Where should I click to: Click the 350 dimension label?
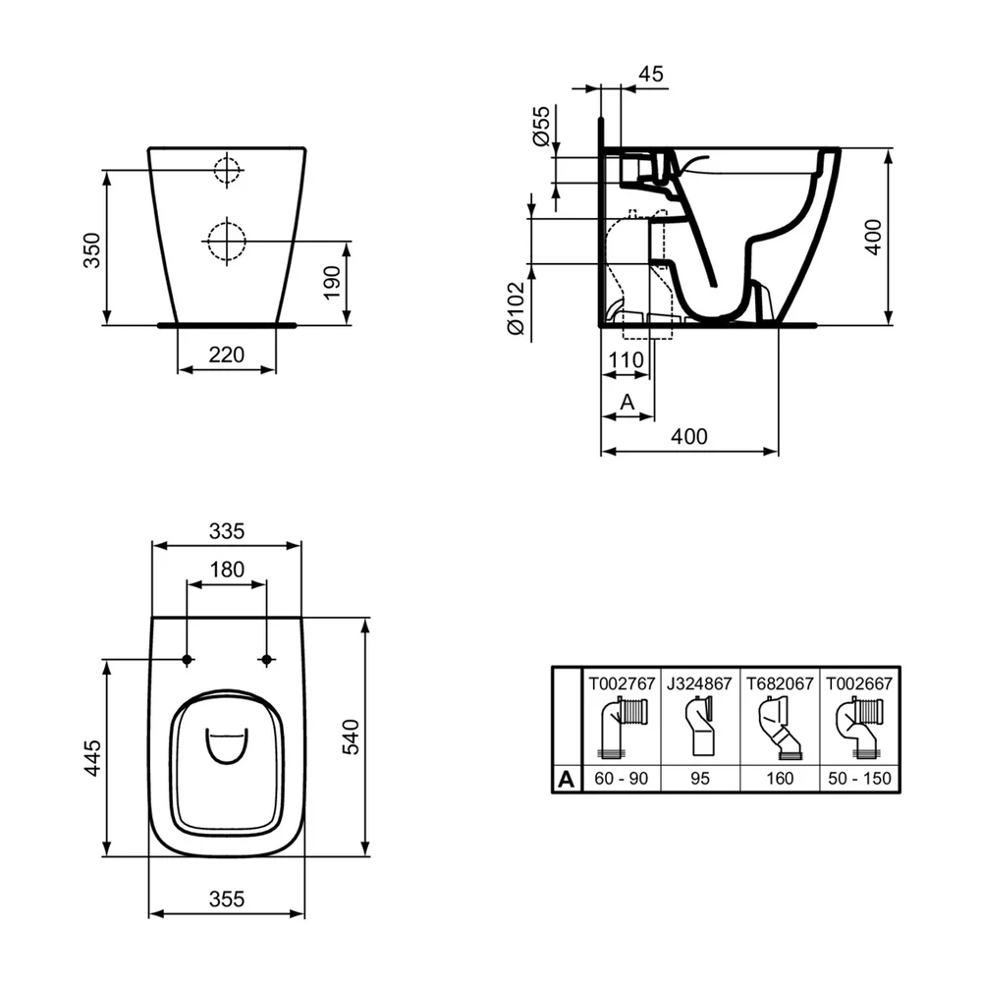tap(92, 249)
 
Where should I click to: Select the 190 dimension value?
tap(331, 283)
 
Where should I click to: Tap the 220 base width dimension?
tap(226, 355)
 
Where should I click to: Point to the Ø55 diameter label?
tap(540, 126)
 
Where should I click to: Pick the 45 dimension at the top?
tap(651, 74)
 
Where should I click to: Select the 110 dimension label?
tap(627, 359)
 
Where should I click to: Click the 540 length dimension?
tap(351, 736)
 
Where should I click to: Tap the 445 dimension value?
tap(92, 758)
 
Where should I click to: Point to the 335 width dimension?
tap(227, 531)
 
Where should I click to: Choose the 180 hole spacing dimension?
tap(227, 570)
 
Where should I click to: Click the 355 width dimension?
tap(227, 900)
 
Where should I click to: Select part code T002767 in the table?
tap(622, 683)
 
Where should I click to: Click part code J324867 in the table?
tap(699, 683)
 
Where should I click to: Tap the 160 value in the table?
tap(780, 779)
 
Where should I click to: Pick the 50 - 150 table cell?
tap(859, 779)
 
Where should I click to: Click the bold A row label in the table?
tap(567, 779)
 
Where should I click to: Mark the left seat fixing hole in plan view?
tap(187, 660)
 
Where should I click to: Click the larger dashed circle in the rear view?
tap(226, 241)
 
